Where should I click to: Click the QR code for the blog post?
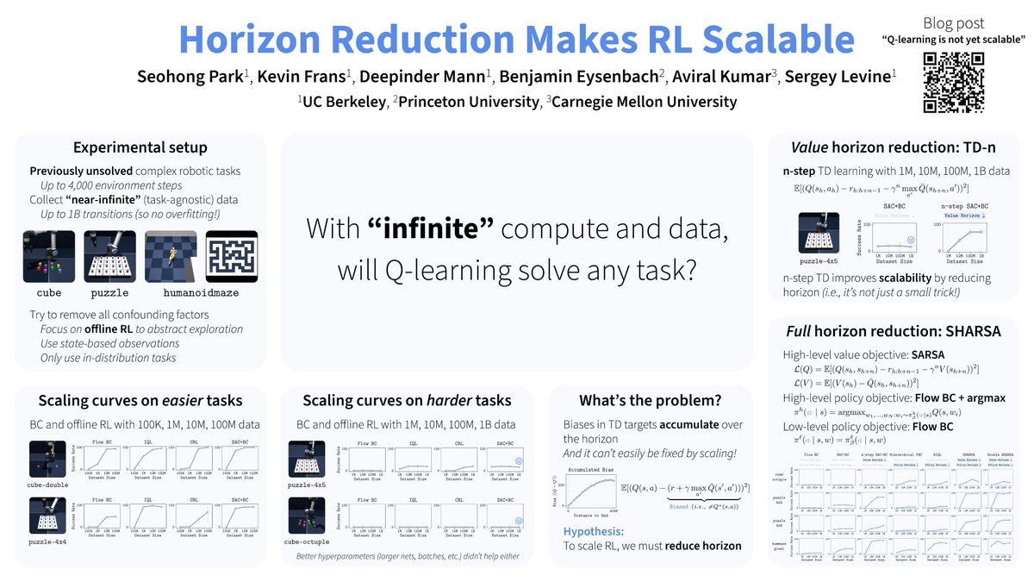coord(953,83)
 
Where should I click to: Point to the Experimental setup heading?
coord(140,147)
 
